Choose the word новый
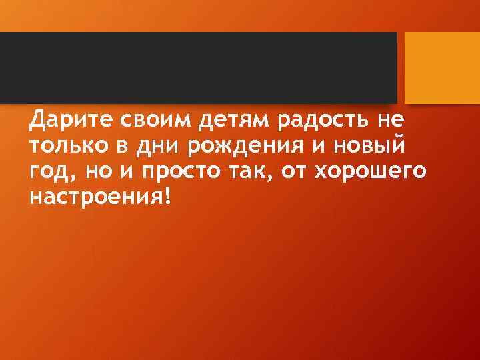[373, 146]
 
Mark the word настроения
[95, 195]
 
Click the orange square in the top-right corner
[443, 67]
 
